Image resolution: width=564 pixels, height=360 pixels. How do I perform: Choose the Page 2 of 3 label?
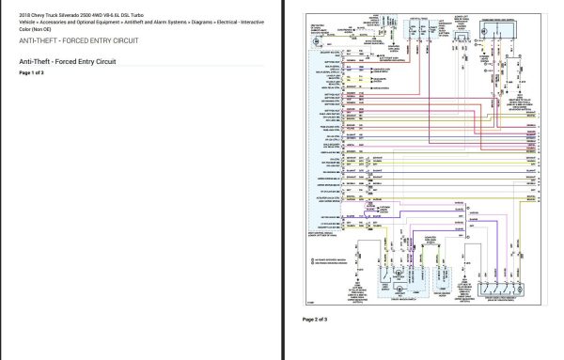tap(315, 320)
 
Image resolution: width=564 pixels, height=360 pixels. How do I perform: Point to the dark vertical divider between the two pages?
tap(285, 180)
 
